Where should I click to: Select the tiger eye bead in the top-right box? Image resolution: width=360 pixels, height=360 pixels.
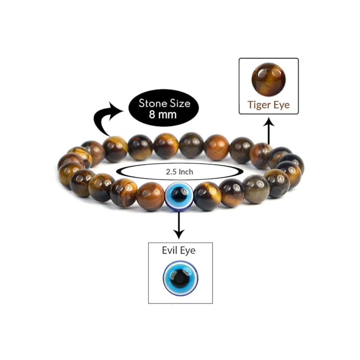click(x=268, y=80)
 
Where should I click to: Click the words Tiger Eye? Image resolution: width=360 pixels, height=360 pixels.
click(x=268, y=105)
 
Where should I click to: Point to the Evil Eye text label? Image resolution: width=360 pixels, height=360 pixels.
click(x=178, y=250)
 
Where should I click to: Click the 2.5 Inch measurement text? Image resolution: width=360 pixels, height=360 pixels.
click(x=179, y=172)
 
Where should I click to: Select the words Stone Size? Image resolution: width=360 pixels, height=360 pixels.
click(x=164, y=103)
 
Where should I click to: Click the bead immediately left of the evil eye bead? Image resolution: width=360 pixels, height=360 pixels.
click(x=151, y=196)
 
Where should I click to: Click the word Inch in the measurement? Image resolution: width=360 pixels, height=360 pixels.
click(x=187, y=172)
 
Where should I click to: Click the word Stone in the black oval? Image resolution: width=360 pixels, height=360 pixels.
click(x=151, y=103)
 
